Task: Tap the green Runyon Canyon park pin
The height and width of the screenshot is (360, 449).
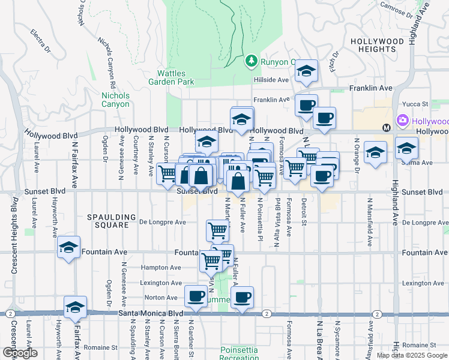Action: [x=251, y=61]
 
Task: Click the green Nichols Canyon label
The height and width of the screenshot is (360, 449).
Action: [x=115, y=100]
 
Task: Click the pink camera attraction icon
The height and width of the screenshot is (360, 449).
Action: [x=402, y=120]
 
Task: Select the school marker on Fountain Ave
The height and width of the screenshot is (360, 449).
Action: [x=69, y=247]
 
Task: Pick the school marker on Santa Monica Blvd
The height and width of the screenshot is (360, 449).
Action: [x=76, y=307]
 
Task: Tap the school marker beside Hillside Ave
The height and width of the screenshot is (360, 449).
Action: [x=306, y=72]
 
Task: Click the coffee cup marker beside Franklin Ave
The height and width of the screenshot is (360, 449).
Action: [x=306, y=105]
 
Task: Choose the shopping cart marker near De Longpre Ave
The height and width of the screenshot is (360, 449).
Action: [x=217, y=229]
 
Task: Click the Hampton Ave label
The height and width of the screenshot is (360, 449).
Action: [x=160, y=268]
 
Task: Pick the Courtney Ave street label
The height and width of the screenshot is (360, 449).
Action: [x=136, y=156]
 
